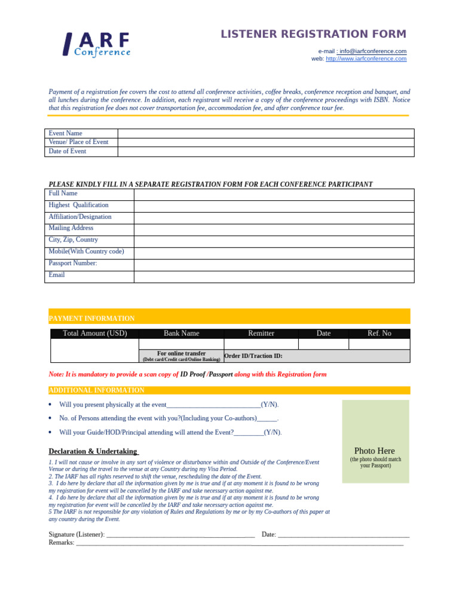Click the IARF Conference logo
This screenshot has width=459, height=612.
97,44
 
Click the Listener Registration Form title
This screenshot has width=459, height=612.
313,34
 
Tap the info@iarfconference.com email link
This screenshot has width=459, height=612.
373,51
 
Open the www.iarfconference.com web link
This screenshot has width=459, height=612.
366,59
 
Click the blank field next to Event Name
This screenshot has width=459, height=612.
265,133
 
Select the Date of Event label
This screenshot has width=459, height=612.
68,151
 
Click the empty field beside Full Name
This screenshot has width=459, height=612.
274,194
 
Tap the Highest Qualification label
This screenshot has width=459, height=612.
78,205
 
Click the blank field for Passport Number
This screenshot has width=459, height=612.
274,265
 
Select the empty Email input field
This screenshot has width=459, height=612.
274,277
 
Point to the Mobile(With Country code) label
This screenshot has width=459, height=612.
86,252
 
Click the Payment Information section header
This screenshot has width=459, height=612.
91,319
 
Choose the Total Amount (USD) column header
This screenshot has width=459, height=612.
95,333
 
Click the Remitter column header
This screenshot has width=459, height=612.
261,333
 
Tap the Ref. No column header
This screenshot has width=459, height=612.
380,333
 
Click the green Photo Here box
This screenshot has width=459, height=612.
375,441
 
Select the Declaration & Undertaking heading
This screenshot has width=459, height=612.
93,451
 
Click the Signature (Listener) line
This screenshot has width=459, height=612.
179,534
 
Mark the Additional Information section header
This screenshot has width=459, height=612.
96,390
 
